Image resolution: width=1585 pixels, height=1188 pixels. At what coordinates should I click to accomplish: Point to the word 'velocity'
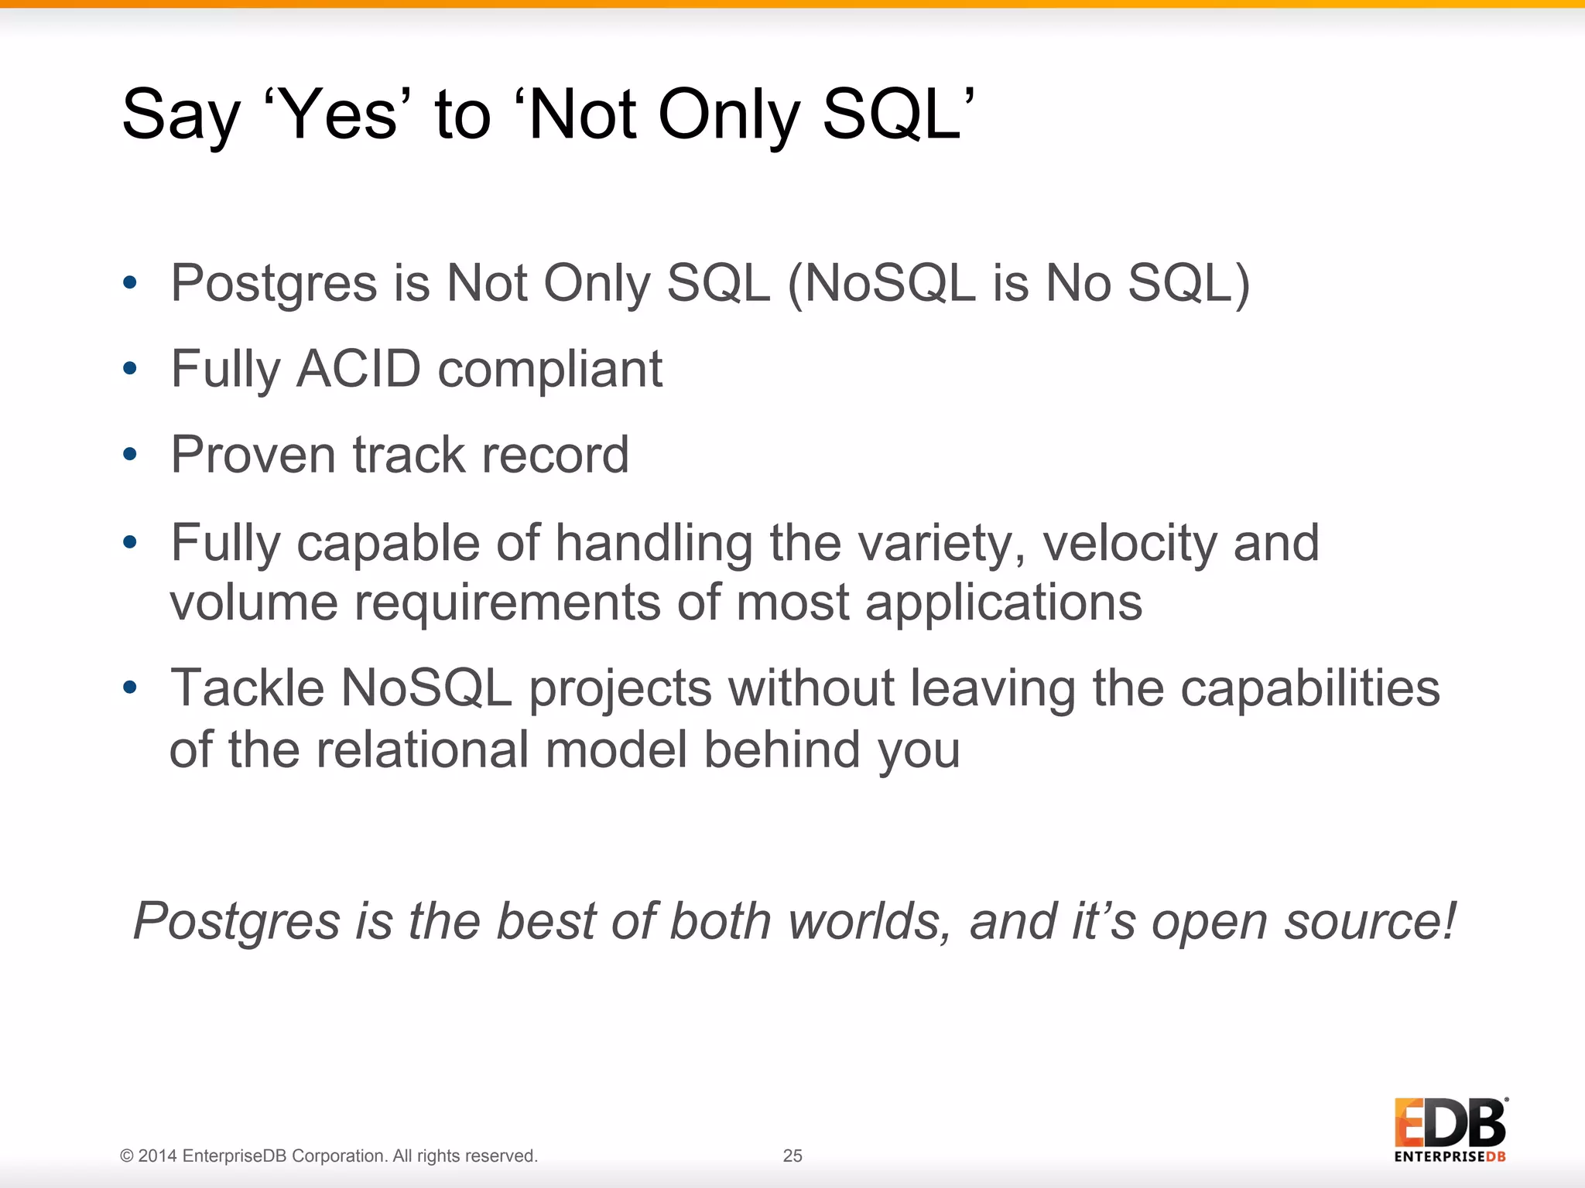tap(1129, 543)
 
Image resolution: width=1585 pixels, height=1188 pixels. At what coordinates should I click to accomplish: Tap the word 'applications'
tap(1003, 603)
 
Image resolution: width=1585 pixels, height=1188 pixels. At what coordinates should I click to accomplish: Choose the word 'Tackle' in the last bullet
tap(247, 688)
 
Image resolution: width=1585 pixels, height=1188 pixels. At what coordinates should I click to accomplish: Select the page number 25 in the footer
tap(792, 1156)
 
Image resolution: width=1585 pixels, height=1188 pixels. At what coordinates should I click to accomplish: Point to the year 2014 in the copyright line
tap(158, 1156)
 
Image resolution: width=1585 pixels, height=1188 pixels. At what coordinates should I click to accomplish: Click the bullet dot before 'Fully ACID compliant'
tap(129, 369)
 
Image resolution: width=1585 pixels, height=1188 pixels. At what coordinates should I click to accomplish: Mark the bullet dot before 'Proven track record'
tap(129, 455)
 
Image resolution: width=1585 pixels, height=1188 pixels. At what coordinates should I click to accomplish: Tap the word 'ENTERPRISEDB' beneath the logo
tap(1450, 1157)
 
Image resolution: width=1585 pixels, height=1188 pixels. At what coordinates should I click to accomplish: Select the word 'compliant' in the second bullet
tap(549, 369)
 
